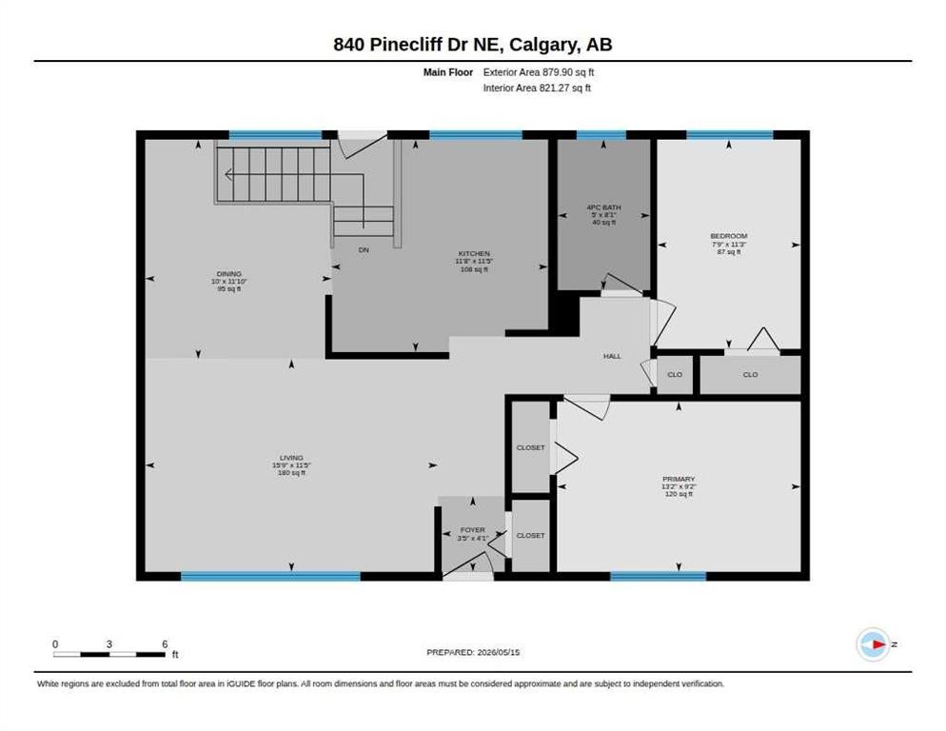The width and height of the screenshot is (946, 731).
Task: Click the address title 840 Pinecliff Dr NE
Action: (x=419, y=45)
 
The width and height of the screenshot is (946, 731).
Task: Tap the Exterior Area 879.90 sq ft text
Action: (x=538, y=72)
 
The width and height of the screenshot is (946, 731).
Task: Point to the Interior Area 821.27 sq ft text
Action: (x=537, y=89)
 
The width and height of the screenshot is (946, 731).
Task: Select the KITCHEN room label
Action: (x=474, y=253)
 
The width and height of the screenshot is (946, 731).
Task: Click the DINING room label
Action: (x=229, y=274)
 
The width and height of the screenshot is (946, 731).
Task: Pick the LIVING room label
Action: (x=291, y=458)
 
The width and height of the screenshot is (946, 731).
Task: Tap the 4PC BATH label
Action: (x=604, y=207)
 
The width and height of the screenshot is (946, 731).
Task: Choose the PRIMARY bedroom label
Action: (x=679, y=479)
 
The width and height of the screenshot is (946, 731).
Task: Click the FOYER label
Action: (x=472, y=530)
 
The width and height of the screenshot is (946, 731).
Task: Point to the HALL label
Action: (x=612, y=356)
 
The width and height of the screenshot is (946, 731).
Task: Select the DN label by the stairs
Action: (x=364, y=250)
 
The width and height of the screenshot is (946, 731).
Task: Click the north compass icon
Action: (x=873, y=644)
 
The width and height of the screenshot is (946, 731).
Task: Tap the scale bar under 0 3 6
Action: (x=109, y=654)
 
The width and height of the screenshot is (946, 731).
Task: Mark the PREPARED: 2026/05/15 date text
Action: (x=473, y=653)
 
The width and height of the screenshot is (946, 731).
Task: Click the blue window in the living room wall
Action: (x=271, y=577)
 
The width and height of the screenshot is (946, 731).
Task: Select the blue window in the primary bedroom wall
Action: (x=659, y=577)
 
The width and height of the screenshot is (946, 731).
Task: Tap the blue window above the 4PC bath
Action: (x=601, y=134)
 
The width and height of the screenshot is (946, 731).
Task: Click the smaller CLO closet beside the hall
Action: (x=675, y=375)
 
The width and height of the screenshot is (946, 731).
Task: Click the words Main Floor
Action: (x=448, y=72)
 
